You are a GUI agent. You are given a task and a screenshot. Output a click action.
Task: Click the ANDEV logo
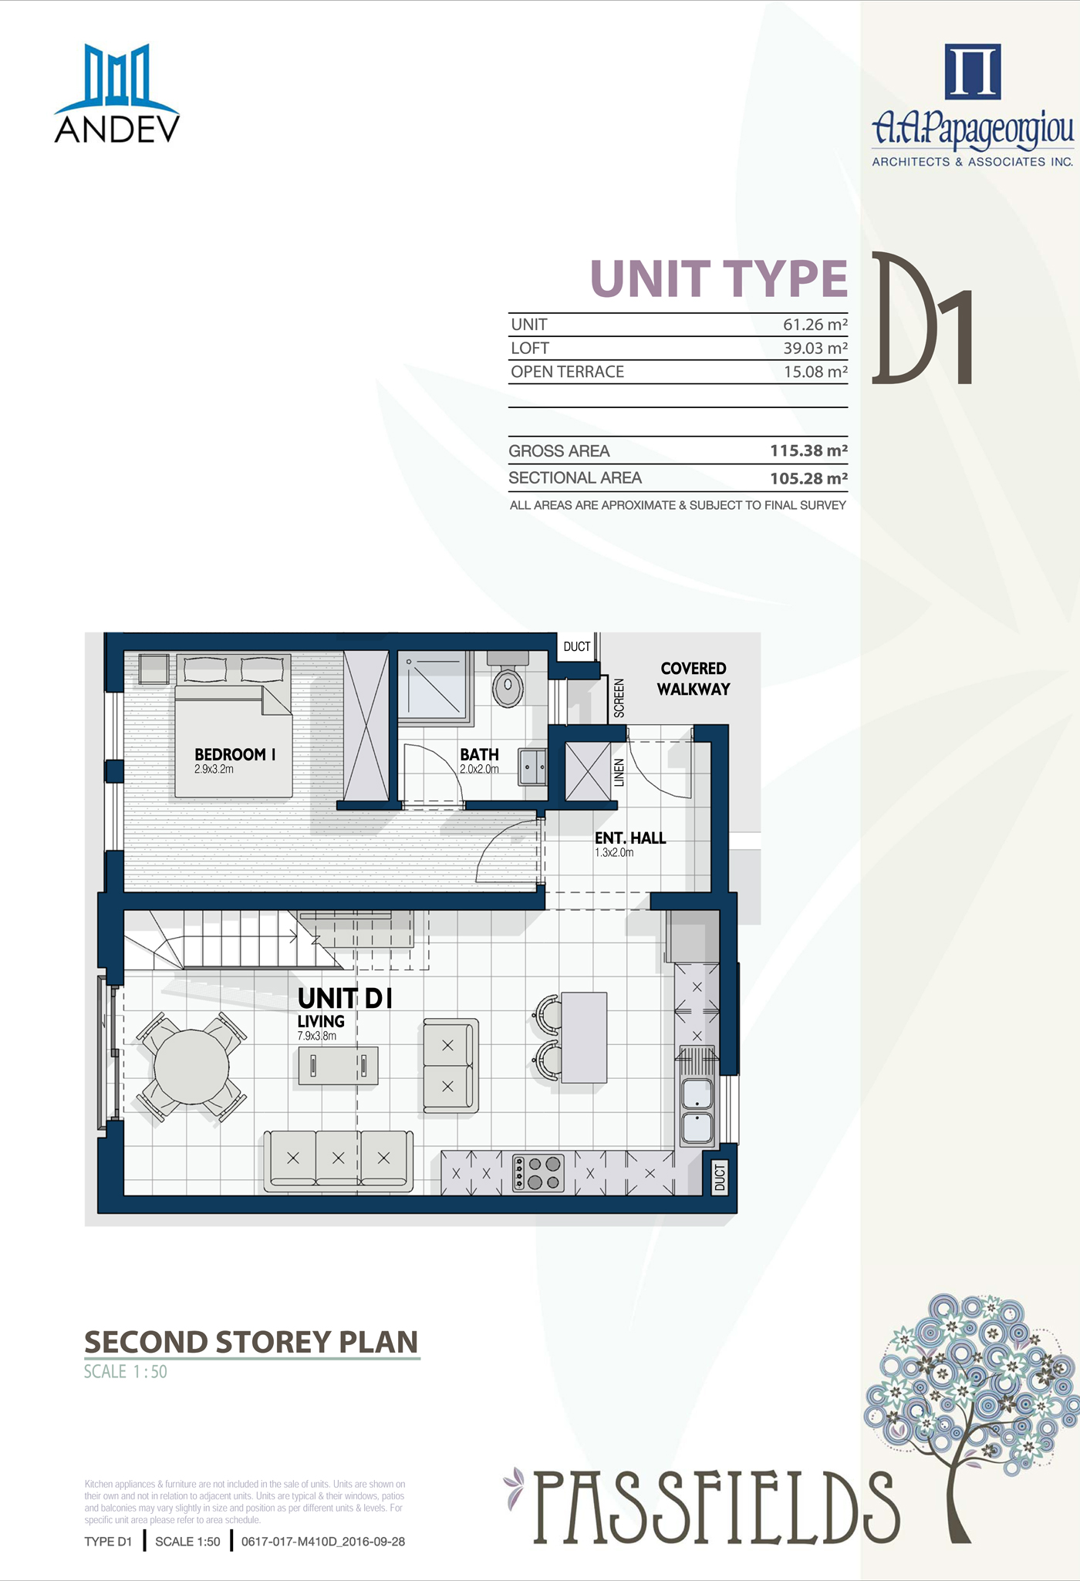point(117,93)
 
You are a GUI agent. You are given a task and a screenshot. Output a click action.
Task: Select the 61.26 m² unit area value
point(815,325)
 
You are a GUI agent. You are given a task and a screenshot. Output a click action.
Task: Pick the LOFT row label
point(530,348)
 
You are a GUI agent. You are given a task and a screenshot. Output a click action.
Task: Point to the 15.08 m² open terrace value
point(815,372)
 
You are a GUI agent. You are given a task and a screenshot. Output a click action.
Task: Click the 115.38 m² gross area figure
point(808,450)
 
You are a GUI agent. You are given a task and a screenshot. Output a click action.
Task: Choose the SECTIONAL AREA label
point(575,478)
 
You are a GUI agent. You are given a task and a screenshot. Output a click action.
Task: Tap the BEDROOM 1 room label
point(235,754)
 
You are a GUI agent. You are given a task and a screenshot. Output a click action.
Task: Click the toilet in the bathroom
point(508,679)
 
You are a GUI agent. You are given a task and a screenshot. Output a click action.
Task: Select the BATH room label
point(479,754)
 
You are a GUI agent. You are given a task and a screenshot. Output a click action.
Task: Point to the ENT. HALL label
point(629,838)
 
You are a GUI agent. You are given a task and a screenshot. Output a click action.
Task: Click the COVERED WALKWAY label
point(694,679)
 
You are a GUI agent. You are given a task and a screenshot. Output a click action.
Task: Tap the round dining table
point(191,1067)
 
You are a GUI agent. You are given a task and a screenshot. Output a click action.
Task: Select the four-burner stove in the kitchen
point(538,1173)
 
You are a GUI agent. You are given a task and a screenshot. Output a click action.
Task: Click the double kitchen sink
point(697,1111)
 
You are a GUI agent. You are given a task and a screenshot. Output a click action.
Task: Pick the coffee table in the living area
point(338,1065)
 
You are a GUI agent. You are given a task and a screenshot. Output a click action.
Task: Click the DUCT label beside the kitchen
point(720,1178)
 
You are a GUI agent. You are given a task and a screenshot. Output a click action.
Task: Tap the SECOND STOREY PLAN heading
point(251,1342)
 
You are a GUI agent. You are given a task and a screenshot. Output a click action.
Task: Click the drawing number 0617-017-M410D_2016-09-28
point(323,1542)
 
